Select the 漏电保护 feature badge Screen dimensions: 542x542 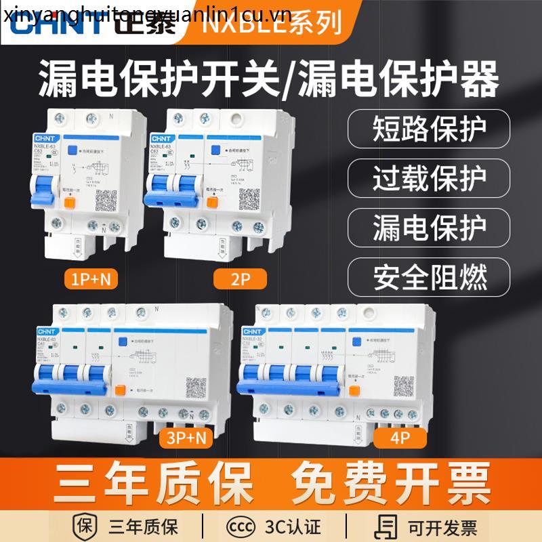click(x=429, y=228)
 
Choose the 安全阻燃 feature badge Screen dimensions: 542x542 click(x=429, y=276)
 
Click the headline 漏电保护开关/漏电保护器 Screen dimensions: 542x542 click(x=270, y=79)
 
